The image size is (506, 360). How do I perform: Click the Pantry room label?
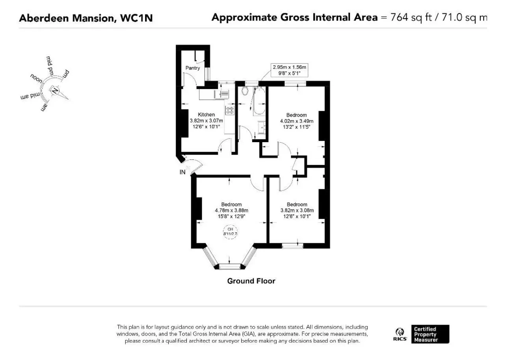[x=193, y=68]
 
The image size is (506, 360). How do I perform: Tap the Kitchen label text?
[x=206, y=115]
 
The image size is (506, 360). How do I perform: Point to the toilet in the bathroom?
[x=245, y=91]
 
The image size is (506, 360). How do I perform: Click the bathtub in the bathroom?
[x=259, y=101]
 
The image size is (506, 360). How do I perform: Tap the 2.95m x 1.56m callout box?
[x=289, y=70]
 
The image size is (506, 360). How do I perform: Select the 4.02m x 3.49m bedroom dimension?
[x=297, y=121]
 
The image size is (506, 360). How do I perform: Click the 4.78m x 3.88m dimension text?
[x=232, y=210]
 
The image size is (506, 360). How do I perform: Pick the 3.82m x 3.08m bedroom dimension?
[x=297, y=210]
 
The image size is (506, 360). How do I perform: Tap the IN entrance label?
[x=182, y=172]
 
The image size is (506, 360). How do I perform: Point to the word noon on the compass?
[x=36, y=78]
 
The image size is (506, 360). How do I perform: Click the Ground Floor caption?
[x=251, y=281]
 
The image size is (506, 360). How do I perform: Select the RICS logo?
[x=400, y=334]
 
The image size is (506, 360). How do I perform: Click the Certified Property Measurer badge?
[x=430, y=334]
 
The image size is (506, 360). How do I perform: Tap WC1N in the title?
[x=137, y=18]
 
